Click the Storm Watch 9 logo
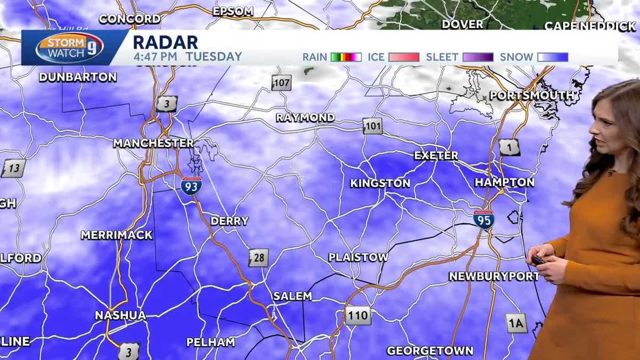(x=69, y=47)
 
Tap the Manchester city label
(x=153, y=143)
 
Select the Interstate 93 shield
(x=191, y=186)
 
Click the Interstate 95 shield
(x=483, y=219)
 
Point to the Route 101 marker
(x=373, y=126)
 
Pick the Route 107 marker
(x=281, y=83)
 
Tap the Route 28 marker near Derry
(x=258, y=258)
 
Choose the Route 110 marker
(x=357, y=315)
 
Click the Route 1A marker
(x=516, y=323)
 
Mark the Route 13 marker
(x=13, y=169)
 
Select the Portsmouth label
(x=532, y=95)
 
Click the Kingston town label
(x=380, y=183)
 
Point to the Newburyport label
(x=494, y=276)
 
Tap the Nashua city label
(x=120, y=315)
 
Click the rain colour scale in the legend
(x=346, y=57)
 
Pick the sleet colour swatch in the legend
(x=478, y=57)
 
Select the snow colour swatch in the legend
(x=552, y=57)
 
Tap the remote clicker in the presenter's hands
(x=539, y=260)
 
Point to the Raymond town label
(x=305, y=117)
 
